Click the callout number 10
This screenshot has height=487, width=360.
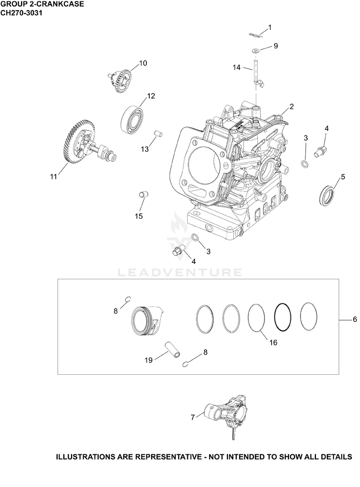pos(143,63)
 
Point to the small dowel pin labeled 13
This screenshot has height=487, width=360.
pos(159,134)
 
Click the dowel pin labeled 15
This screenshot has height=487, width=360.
pos(143,194)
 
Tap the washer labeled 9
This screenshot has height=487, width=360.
pos(255,50)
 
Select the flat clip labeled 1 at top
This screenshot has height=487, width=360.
pos(256,35)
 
